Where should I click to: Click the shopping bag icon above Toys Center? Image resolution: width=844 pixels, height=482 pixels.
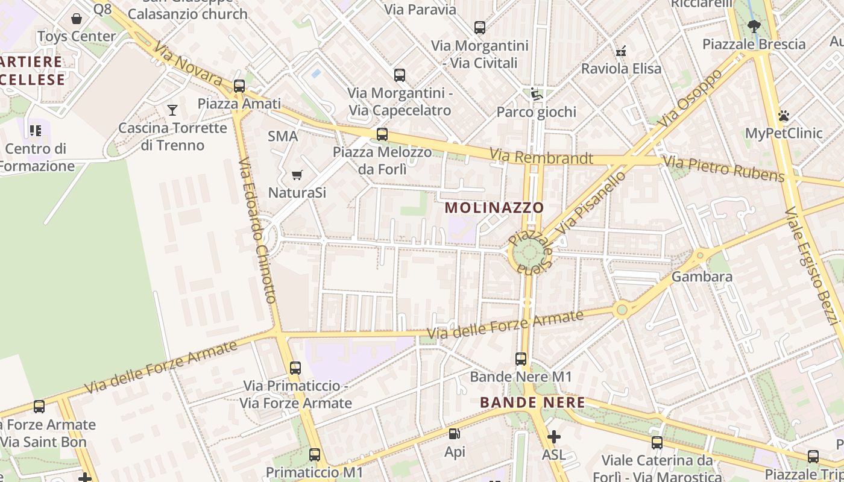point(77,19)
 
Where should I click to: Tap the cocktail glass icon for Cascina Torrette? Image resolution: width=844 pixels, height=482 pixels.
point(172,110)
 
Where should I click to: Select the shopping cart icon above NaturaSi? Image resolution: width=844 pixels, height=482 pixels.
point(297,175)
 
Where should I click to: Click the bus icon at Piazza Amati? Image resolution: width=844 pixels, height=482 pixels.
point(239,86)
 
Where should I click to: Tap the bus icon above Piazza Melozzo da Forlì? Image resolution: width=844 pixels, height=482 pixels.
point(382,134)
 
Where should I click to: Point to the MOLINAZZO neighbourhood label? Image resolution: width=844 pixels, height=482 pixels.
point(494,208)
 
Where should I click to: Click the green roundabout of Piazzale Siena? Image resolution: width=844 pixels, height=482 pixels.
point(529,254)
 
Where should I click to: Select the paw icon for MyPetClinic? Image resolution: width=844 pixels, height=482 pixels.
point(784,116)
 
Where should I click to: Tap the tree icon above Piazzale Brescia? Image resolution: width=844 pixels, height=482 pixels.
point(754,26)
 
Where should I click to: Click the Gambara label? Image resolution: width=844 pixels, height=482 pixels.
point(702,277)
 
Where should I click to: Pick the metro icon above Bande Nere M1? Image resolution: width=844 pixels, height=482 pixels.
point(521,359)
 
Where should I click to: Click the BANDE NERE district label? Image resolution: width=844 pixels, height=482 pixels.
point(532,402)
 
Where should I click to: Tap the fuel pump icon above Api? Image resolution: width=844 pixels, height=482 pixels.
point(455,434)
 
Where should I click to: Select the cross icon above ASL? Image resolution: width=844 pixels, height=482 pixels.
point(553,436)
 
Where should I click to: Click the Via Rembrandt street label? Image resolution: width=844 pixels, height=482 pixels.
point(541,157)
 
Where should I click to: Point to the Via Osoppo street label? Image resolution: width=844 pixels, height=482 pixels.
point(690,98)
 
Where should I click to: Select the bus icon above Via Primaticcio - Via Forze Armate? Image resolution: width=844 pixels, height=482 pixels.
point(295,368)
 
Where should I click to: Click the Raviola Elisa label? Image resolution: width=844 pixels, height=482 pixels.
point(621,69)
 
